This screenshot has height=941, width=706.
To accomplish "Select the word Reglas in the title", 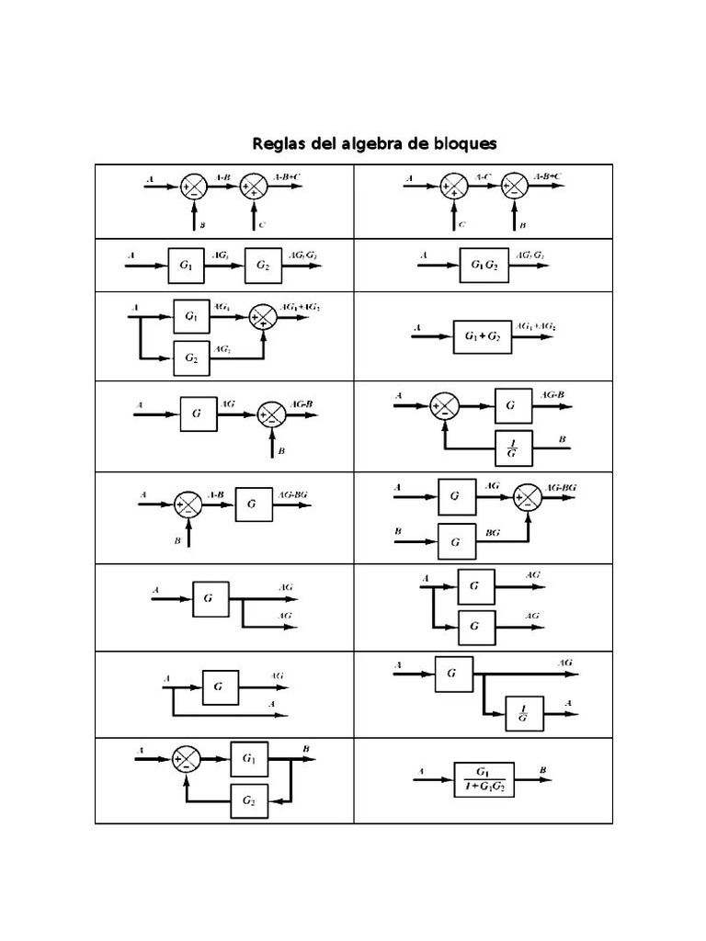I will (x=279, y=144).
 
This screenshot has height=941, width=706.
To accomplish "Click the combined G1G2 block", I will (x=484, y=266).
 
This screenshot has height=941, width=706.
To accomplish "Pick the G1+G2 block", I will (x=482, y=337).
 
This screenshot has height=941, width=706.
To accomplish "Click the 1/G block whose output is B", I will (x=513, y=448).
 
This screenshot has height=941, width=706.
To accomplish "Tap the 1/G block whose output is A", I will (x=523, y=713).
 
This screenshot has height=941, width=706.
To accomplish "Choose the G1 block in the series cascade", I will (x=187, y=266).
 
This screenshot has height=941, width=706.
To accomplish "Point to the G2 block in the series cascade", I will (x=263, y=266).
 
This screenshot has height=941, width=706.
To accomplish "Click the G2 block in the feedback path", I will (x=249, y=800).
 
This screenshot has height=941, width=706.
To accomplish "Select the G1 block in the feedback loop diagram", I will (x=249, y=758).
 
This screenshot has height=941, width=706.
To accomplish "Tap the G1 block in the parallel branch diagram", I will (x=191, y=316).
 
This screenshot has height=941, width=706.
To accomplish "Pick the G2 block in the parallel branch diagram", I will (x=191, y=357).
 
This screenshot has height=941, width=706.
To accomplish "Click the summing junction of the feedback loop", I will (x=187, y=759).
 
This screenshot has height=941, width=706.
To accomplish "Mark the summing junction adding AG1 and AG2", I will (x=264, y=318).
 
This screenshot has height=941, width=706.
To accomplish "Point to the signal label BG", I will (x=493, y=532).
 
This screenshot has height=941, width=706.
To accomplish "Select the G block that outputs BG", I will (x=456, y=542).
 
